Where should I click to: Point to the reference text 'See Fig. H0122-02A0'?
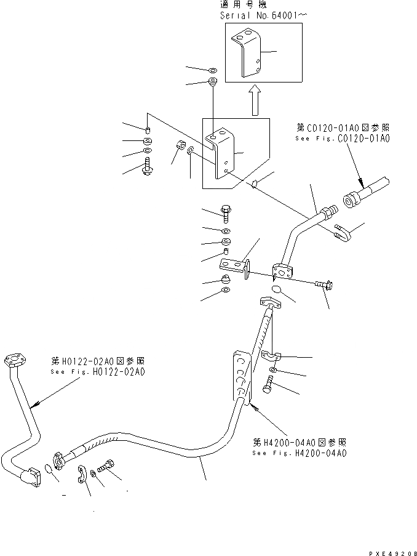pos(98,372)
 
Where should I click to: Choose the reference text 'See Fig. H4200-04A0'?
pos(300,453)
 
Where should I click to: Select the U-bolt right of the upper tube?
pos(343,233)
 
